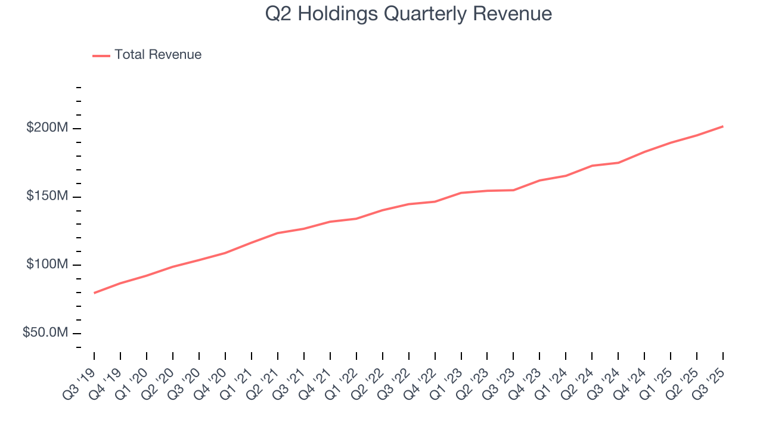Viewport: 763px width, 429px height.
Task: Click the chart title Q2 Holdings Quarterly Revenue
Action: click(408, 14)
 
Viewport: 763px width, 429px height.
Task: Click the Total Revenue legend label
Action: click(158, 55)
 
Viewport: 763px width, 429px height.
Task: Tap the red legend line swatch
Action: click(101, 55)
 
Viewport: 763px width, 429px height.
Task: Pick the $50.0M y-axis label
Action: click(45, 332)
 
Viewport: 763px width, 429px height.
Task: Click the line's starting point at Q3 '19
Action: click(94, 293)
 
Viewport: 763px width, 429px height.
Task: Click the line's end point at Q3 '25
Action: click(723, 126)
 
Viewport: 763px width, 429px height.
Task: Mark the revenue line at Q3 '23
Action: click(513, 190)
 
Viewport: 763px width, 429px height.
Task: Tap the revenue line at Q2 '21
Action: click(278, 233)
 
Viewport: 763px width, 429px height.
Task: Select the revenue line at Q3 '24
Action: click(618, 163)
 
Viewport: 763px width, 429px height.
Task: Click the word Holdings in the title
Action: click(336, 14)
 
